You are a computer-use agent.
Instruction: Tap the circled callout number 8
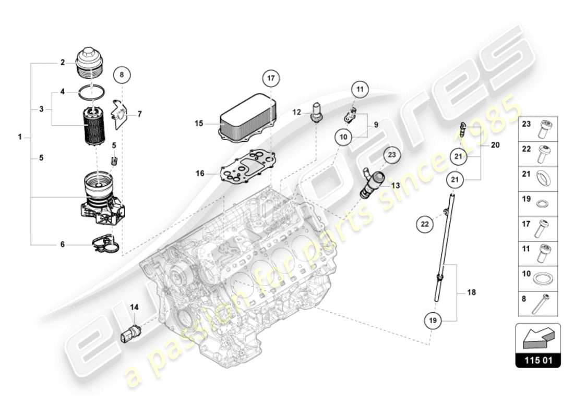122,75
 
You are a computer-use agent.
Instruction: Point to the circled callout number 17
271,79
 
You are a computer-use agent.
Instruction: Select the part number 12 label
296,112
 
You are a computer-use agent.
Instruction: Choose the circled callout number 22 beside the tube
425,224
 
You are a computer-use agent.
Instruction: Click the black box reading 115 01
538,360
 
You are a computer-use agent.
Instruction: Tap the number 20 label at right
495,145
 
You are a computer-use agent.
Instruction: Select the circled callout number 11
359,90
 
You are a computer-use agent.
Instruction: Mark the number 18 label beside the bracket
471,293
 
